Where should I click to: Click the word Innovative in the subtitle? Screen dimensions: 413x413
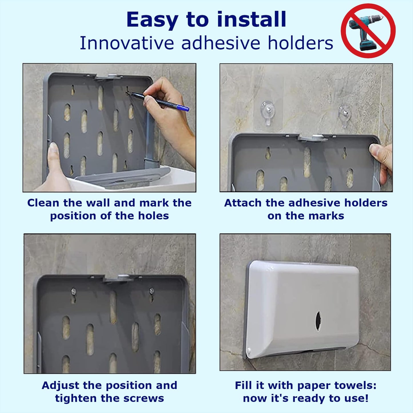(x=127, y=43)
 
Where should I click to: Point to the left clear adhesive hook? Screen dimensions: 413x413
(x=268, y=113)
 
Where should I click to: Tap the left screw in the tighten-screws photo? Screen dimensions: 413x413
(x=73, y=291)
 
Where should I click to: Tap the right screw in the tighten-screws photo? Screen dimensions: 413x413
(x=152, y=291)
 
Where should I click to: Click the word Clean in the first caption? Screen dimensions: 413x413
(x=43, y=203)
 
